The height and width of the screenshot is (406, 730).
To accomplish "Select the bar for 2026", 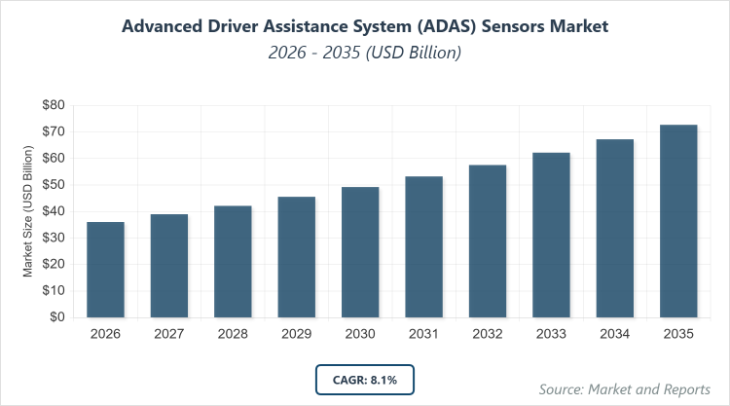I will [x=105, y=270].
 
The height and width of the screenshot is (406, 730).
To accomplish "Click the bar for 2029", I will [x=297, y=257].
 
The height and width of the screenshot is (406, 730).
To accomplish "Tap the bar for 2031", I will [x=424, y=246].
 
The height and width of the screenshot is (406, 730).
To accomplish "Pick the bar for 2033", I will [x=552, y=235].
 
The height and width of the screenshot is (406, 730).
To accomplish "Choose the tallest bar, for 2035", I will [x=678, y=221].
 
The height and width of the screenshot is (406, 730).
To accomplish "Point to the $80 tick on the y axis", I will [x=53, y=105].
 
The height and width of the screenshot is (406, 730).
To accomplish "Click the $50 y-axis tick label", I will [x=53, y=185].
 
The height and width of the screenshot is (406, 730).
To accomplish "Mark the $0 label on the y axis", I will [x=56, y=317].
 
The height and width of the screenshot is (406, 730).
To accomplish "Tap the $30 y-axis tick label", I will [x=53, y=238].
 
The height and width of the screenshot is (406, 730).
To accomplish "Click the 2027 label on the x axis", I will [x=169, y=334].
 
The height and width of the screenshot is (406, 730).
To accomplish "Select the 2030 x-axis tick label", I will [x=360, y=334].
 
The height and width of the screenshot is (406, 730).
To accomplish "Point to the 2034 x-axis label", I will [x=615, y=334].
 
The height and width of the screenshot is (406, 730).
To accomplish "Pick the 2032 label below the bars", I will [x=488, y=334].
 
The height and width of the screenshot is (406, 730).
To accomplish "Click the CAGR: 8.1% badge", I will [x=365, y=379].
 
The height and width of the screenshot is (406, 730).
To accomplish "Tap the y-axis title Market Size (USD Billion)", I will [x=28, y=211].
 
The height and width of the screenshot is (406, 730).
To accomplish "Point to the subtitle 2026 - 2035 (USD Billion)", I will [x=365, y=53].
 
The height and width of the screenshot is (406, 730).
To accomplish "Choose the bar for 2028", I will [x=233, y=261].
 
